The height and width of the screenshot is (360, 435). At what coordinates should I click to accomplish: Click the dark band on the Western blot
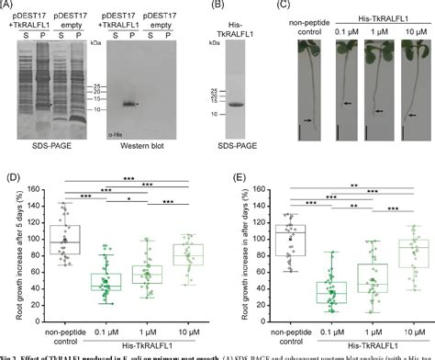pyautogui.click(x=130, y=104)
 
